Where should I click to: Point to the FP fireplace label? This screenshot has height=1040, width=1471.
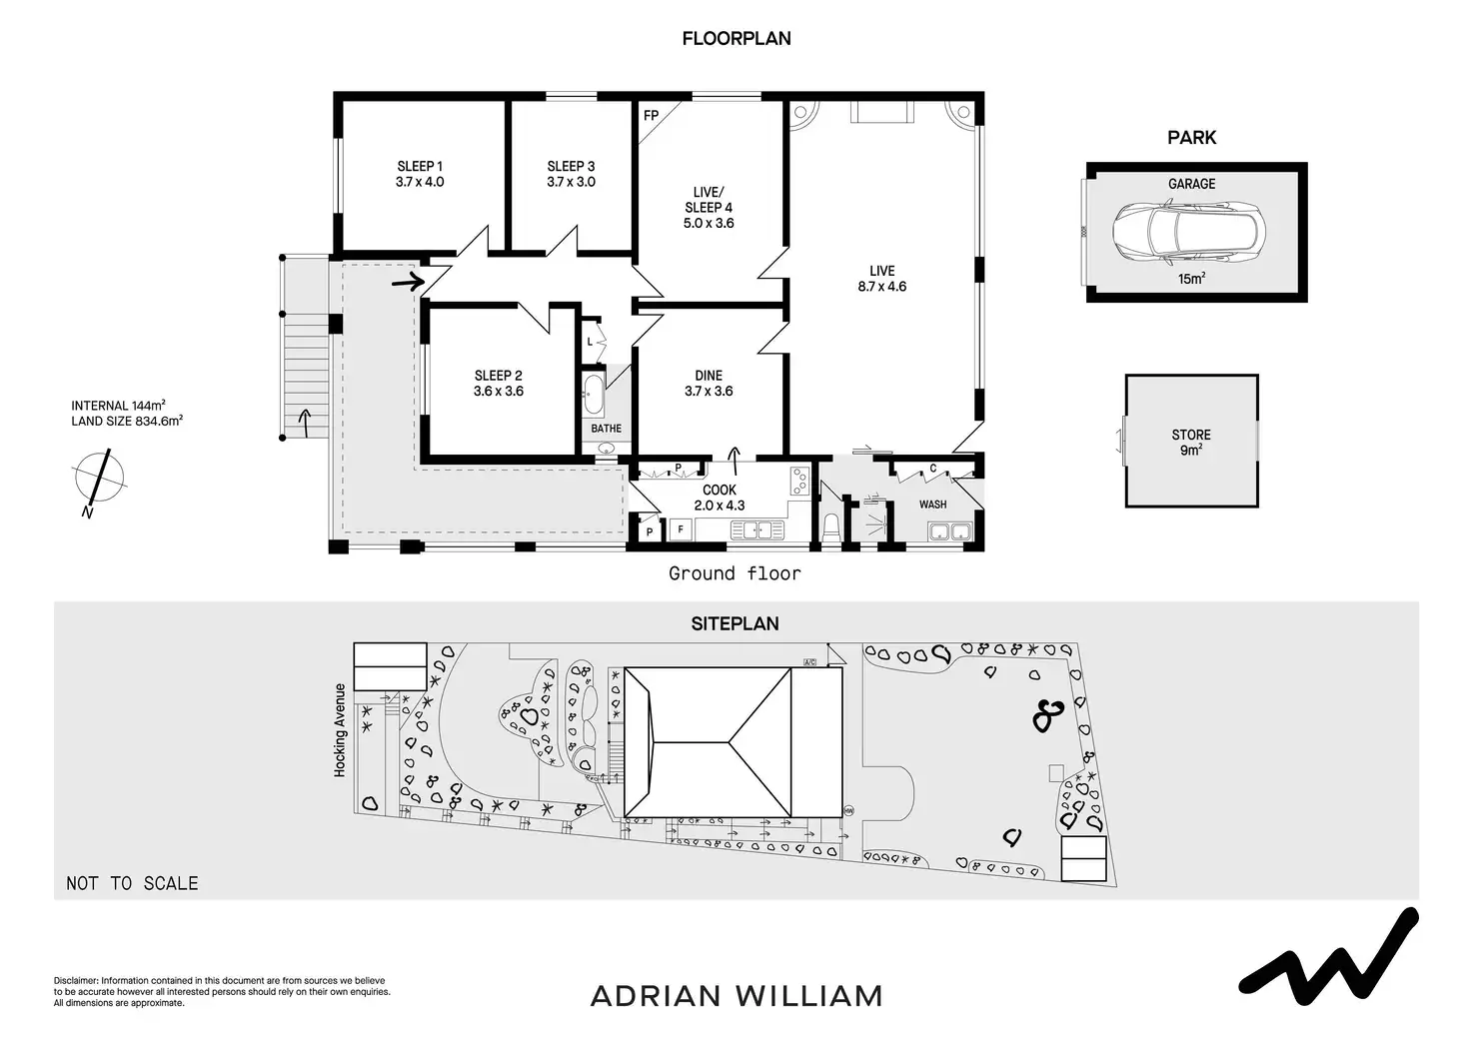tap(651, 116)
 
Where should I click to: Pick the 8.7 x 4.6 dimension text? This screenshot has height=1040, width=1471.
tap(881, 287)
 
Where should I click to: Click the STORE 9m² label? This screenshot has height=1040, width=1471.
tap(1191, 442)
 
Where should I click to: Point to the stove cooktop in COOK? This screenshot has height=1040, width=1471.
tap(799, 482)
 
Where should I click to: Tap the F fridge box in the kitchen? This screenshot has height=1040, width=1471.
tap(682, 529)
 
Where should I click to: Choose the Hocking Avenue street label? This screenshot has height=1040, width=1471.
tap(340, 730)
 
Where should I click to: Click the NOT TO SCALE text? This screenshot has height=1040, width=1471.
tap(132, 883)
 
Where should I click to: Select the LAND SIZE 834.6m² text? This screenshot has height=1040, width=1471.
tap(127, 421)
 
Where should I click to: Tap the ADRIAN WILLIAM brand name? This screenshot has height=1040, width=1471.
tap(736, 996)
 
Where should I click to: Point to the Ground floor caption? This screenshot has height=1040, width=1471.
tap(735, 573)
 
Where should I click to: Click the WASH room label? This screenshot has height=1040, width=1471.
tap(932, 505)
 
